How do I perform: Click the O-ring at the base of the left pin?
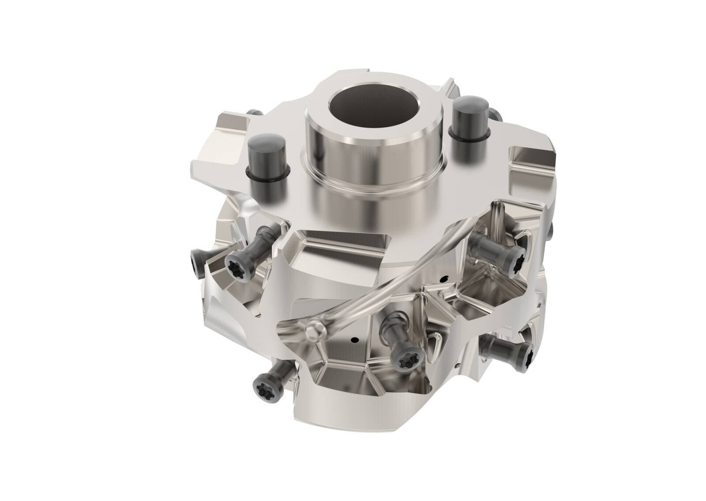pyautogui.click(x=267, y=175)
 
